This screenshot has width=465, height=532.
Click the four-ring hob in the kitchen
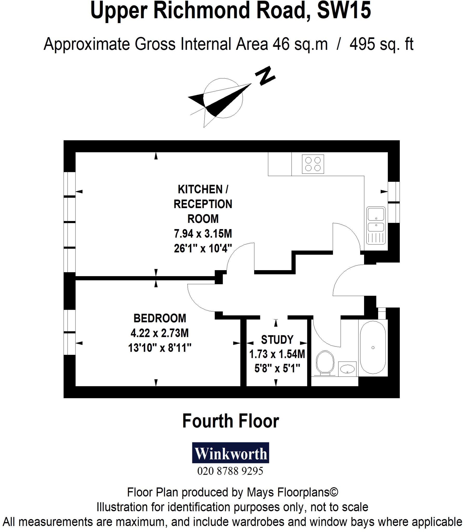coord(313,164)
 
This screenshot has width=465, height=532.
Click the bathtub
coord(373,347)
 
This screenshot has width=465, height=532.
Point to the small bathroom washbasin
coord(347,369)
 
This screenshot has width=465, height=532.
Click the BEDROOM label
coord(160,318)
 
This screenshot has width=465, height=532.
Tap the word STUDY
coord(277,340)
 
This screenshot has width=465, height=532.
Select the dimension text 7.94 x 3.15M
coord(203,234)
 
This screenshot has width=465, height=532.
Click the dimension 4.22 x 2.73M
coord(160,333)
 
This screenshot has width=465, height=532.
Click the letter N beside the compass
coord(265,76)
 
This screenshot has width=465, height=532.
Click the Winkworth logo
coord(230,453)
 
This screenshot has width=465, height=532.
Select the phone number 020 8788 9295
coord(230,471)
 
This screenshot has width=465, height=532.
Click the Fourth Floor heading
coord(230,421)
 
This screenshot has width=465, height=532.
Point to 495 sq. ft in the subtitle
coord(381,44)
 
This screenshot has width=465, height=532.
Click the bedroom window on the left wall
coord(70,332)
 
